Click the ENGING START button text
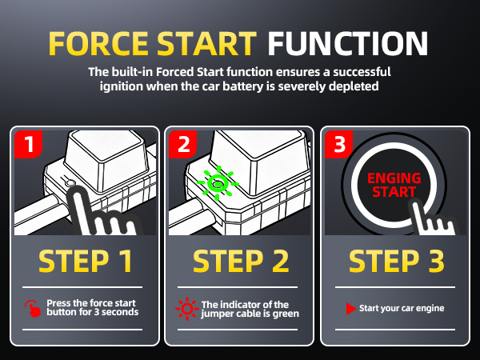391,185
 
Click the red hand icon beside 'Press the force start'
32,308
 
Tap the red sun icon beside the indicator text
186,308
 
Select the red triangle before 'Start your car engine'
350,308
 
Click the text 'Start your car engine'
402,308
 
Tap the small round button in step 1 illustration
72,186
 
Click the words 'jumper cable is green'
250,314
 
